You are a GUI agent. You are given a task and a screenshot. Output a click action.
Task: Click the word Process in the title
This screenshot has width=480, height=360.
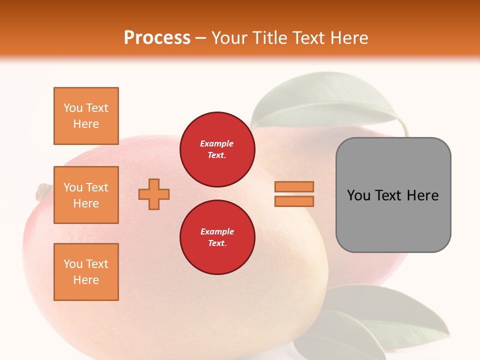[157, 38]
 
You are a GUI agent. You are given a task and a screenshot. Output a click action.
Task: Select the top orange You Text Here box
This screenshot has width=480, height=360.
[86, 116]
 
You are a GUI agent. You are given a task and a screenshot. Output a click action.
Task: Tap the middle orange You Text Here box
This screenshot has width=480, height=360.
[86, 195]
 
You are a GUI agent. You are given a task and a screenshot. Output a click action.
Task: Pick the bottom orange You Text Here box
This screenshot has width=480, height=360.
[86, 272]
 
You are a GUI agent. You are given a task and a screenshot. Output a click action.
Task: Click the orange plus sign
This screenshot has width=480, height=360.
[154, 194]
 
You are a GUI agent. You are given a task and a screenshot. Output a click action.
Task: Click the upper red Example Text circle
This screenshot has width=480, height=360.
[217, 149]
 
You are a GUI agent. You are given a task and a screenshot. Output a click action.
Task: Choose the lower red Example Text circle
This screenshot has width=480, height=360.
[217, 237]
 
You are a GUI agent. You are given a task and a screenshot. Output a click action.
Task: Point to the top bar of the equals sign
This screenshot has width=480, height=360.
[294, 187]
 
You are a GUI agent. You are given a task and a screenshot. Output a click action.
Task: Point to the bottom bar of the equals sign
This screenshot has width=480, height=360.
[294, 201]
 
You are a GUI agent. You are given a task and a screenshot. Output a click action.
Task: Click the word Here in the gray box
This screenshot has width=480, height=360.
[422, 195]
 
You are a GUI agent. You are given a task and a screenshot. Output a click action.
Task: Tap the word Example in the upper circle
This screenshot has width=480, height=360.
[217, 143]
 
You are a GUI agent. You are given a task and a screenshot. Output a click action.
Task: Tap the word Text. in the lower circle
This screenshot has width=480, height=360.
[217, 243]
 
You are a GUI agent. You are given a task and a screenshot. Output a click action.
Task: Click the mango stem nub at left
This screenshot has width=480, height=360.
[43, 191]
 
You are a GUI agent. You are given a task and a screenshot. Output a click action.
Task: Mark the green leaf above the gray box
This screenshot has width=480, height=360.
[325, 102]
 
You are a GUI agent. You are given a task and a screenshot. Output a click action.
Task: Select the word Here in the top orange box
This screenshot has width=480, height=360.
[86, 124]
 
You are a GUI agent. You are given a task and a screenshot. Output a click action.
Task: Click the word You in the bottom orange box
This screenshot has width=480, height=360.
[73, 264]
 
